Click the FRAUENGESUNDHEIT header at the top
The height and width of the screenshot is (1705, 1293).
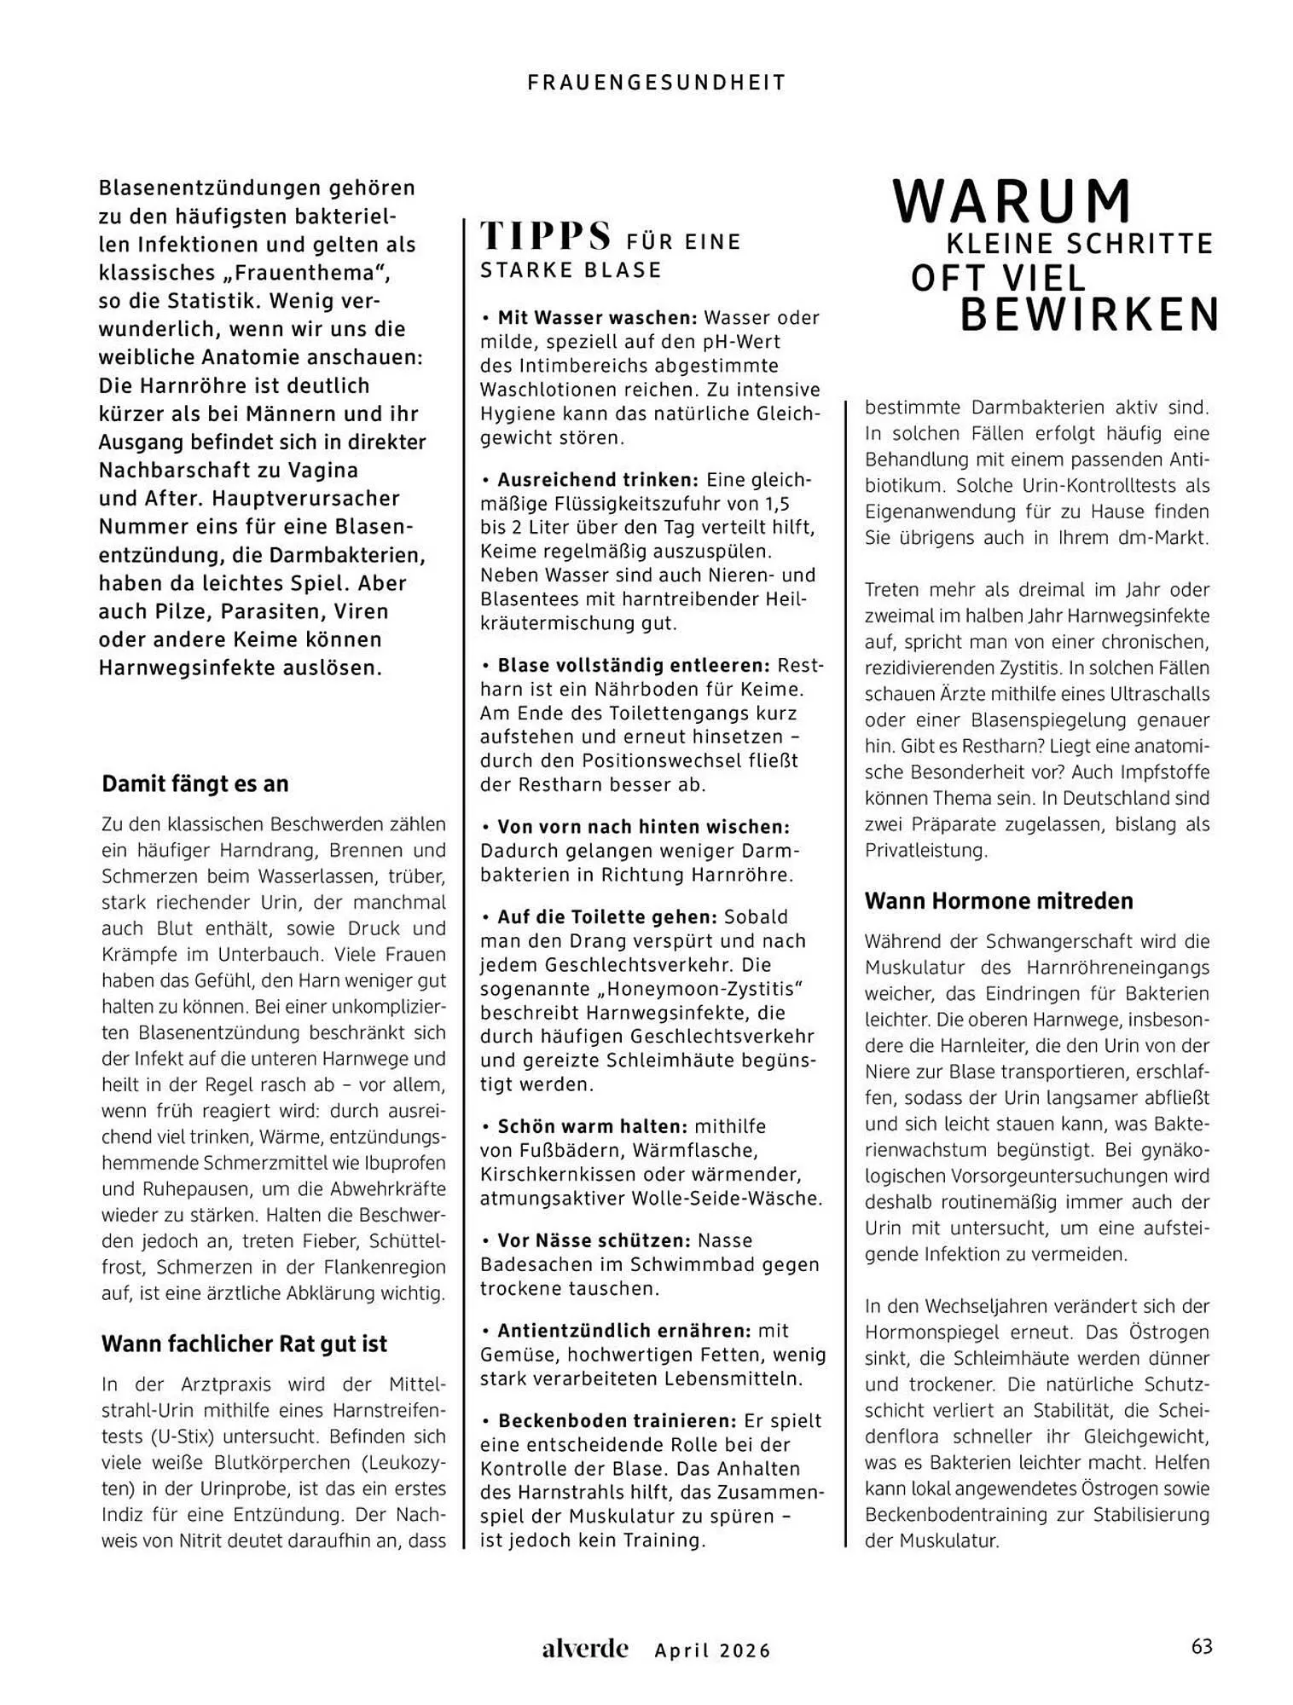coord(657,83)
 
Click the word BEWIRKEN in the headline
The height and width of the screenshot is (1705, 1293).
coord(1090,315)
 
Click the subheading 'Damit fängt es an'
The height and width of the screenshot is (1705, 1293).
coord(195,783)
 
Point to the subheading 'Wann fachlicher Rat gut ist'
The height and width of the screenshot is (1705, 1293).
coord(244,1344)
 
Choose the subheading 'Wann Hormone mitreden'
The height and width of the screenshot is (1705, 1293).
coord(999,900)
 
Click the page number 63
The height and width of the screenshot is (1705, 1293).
coord(1202,1646)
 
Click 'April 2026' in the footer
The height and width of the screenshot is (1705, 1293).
coord(712,1650)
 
